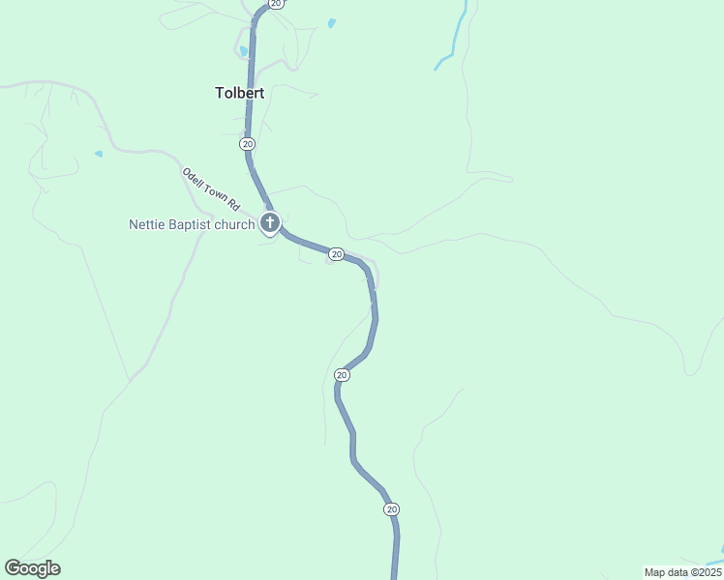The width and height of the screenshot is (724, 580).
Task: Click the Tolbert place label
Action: (240, 94)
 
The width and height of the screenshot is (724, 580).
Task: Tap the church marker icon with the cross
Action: (270, 224)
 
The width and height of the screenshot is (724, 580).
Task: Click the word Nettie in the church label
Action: (148, 224)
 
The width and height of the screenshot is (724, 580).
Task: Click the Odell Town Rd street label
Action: (210, 188)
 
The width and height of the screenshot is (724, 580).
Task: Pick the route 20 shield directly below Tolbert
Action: (248, 143)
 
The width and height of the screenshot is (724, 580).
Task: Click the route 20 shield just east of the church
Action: (336, 254)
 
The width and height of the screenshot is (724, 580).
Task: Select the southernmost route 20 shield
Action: (391, 508)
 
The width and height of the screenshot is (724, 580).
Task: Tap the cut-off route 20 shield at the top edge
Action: (276, 4)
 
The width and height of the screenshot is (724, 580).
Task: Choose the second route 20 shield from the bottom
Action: (342, 374)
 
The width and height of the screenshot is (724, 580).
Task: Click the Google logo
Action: (32, 568)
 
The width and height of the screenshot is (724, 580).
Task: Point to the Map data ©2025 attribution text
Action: (681, 572)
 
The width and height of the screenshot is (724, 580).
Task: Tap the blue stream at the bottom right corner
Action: (714, 558)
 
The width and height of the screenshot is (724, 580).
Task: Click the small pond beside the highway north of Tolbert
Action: (244, 51)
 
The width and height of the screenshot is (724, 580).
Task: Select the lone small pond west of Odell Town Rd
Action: (99, 154)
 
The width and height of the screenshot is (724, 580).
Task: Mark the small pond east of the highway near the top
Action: (332, 22)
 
